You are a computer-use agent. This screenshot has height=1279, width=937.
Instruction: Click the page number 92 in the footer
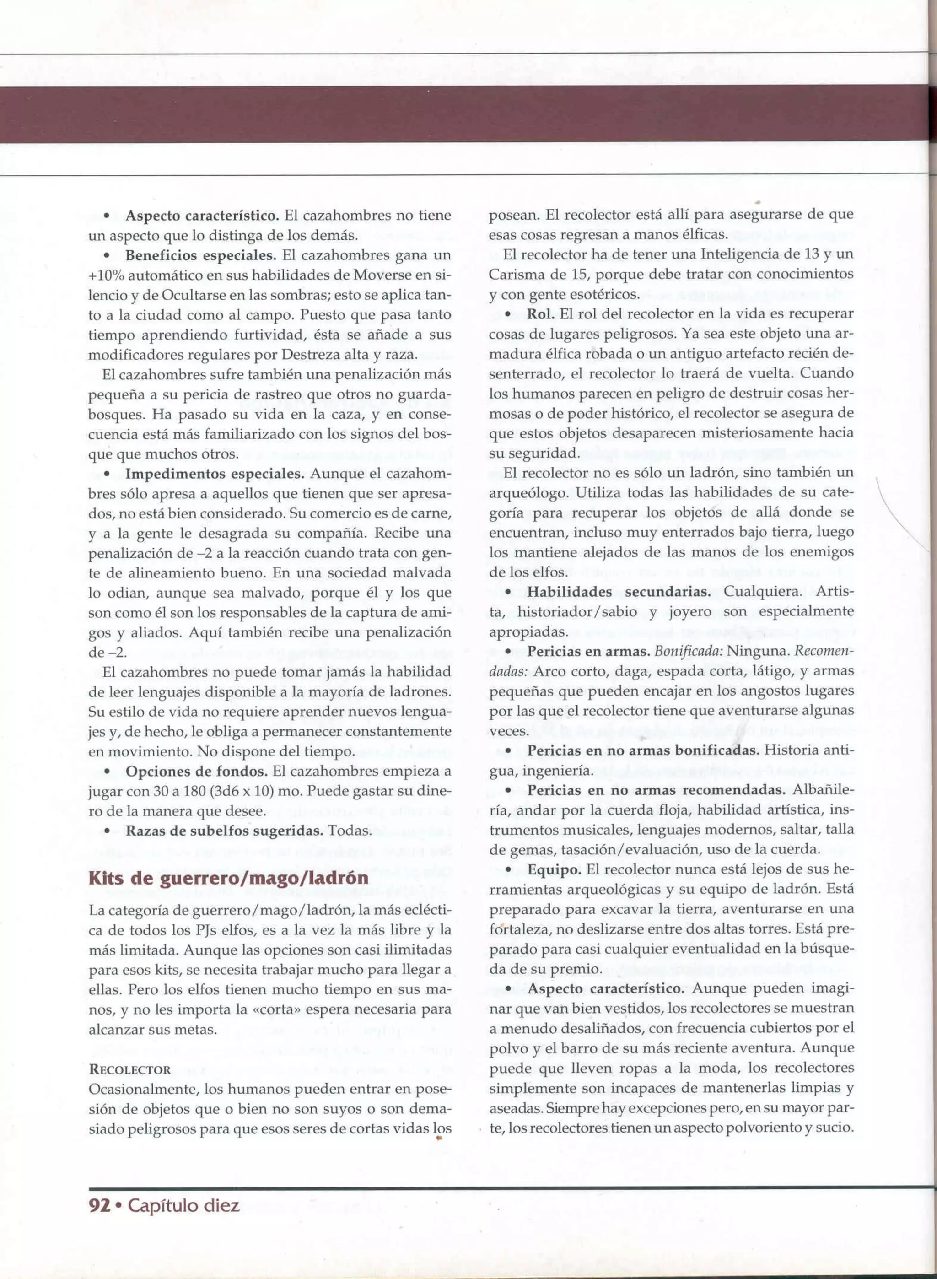pyautogui.click(x=99, y=1205)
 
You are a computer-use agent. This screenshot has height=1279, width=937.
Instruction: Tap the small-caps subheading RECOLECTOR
pyautogui.click(x=130, y=1070)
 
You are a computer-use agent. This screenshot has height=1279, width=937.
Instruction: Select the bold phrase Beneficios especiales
pyautogui.click(x=200, y=255)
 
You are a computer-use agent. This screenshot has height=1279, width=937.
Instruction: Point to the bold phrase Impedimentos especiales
pyautogui.click(x=215, y=474)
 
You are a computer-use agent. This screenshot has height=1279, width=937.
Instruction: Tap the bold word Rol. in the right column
pyautogui.click(x=540, y=313)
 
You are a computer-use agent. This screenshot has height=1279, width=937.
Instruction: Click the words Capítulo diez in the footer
pyautogui.click(x=183, y=1205)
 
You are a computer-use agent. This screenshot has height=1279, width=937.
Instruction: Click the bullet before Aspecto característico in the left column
pyautogui.click(x=106, y=216)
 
